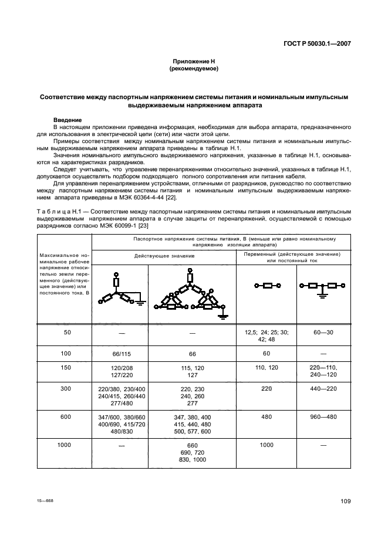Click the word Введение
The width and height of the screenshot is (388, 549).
click(x=68, y=120)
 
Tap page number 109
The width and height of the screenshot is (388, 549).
click(x=345, y=500)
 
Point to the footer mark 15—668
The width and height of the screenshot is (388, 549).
click(x=45, y=500)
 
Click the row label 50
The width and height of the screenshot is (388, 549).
click(x=65, y=332)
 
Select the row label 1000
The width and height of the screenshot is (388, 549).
click(x=65, y=445)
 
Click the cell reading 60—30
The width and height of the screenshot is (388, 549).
click(x=324, y=332)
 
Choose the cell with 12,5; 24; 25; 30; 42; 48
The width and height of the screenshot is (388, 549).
click(x=266, y=335)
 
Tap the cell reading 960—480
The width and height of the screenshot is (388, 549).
click(x=324, y=417)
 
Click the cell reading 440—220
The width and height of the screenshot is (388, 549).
click(x=324, y=388)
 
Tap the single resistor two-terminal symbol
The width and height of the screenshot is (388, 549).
click(x=266, y=286)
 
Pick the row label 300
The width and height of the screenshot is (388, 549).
click(x=65, y=388)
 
